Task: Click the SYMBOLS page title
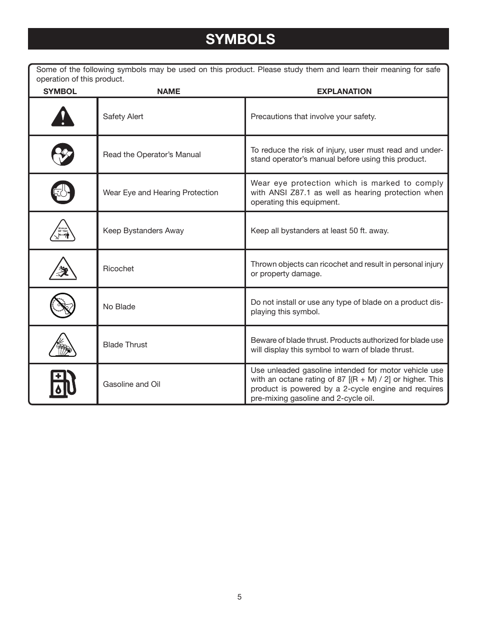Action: (240, 39)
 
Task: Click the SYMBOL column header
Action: (60, 92)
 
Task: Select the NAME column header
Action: (168, 92)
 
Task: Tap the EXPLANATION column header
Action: (344, 92)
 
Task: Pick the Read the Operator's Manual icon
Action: (62, 155)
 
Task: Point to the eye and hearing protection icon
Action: (62, 193)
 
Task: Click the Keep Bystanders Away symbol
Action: (62, 231)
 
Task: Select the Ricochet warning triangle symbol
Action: (62, 269)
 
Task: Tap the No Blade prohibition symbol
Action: (62, 306)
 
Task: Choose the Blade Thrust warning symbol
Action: (62, 345)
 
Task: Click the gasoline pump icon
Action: (62, 384)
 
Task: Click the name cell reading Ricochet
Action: (118, 269)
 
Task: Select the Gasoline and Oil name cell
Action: (131, 384)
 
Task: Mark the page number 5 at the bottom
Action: (239, 597)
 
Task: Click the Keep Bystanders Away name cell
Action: (143, 231)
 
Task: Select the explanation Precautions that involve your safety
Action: (313, 117)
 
